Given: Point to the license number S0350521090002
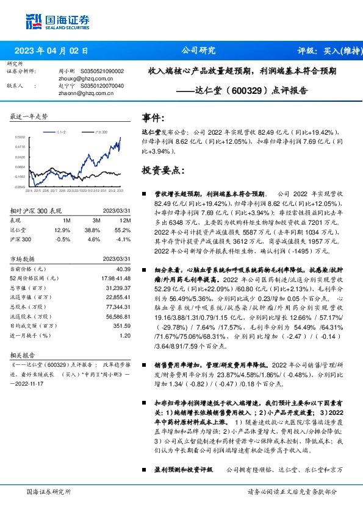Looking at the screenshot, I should [x=102, y=71].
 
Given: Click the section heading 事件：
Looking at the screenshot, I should [x=153, y=118].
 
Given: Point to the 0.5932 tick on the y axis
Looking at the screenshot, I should [x=20, y=138].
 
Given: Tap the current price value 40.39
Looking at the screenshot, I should [x=123, y=268].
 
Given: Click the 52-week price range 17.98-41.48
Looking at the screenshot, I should [x=116, y=278].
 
